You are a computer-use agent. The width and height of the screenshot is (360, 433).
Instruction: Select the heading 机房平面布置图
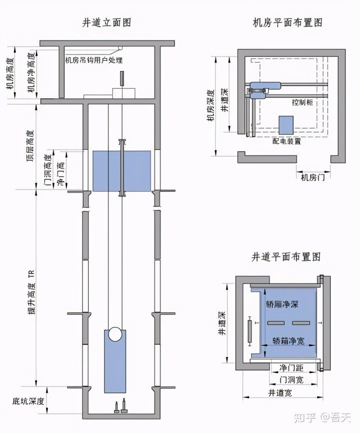[287, 22]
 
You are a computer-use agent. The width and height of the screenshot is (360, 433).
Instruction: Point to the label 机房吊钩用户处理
[94, 60]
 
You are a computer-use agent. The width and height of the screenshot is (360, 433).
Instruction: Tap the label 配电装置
[286, 141]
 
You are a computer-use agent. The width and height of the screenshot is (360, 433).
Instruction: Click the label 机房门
[312, 177]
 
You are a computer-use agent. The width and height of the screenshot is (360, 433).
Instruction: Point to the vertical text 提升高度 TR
[31, 288]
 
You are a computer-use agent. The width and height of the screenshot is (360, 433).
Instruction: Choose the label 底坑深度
[29, 401]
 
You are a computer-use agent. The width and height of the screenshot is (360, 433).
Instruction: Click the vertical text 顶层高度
[30, 144]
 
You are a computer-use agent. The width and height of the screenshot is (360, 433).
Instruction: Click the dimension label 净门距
[288, 367]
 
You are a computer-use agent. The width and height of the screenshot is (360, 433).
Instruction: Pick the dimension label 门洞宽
[290, 379]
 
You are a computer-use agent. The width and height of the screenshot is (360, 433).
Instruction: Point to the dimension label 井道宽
[280, 392]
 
